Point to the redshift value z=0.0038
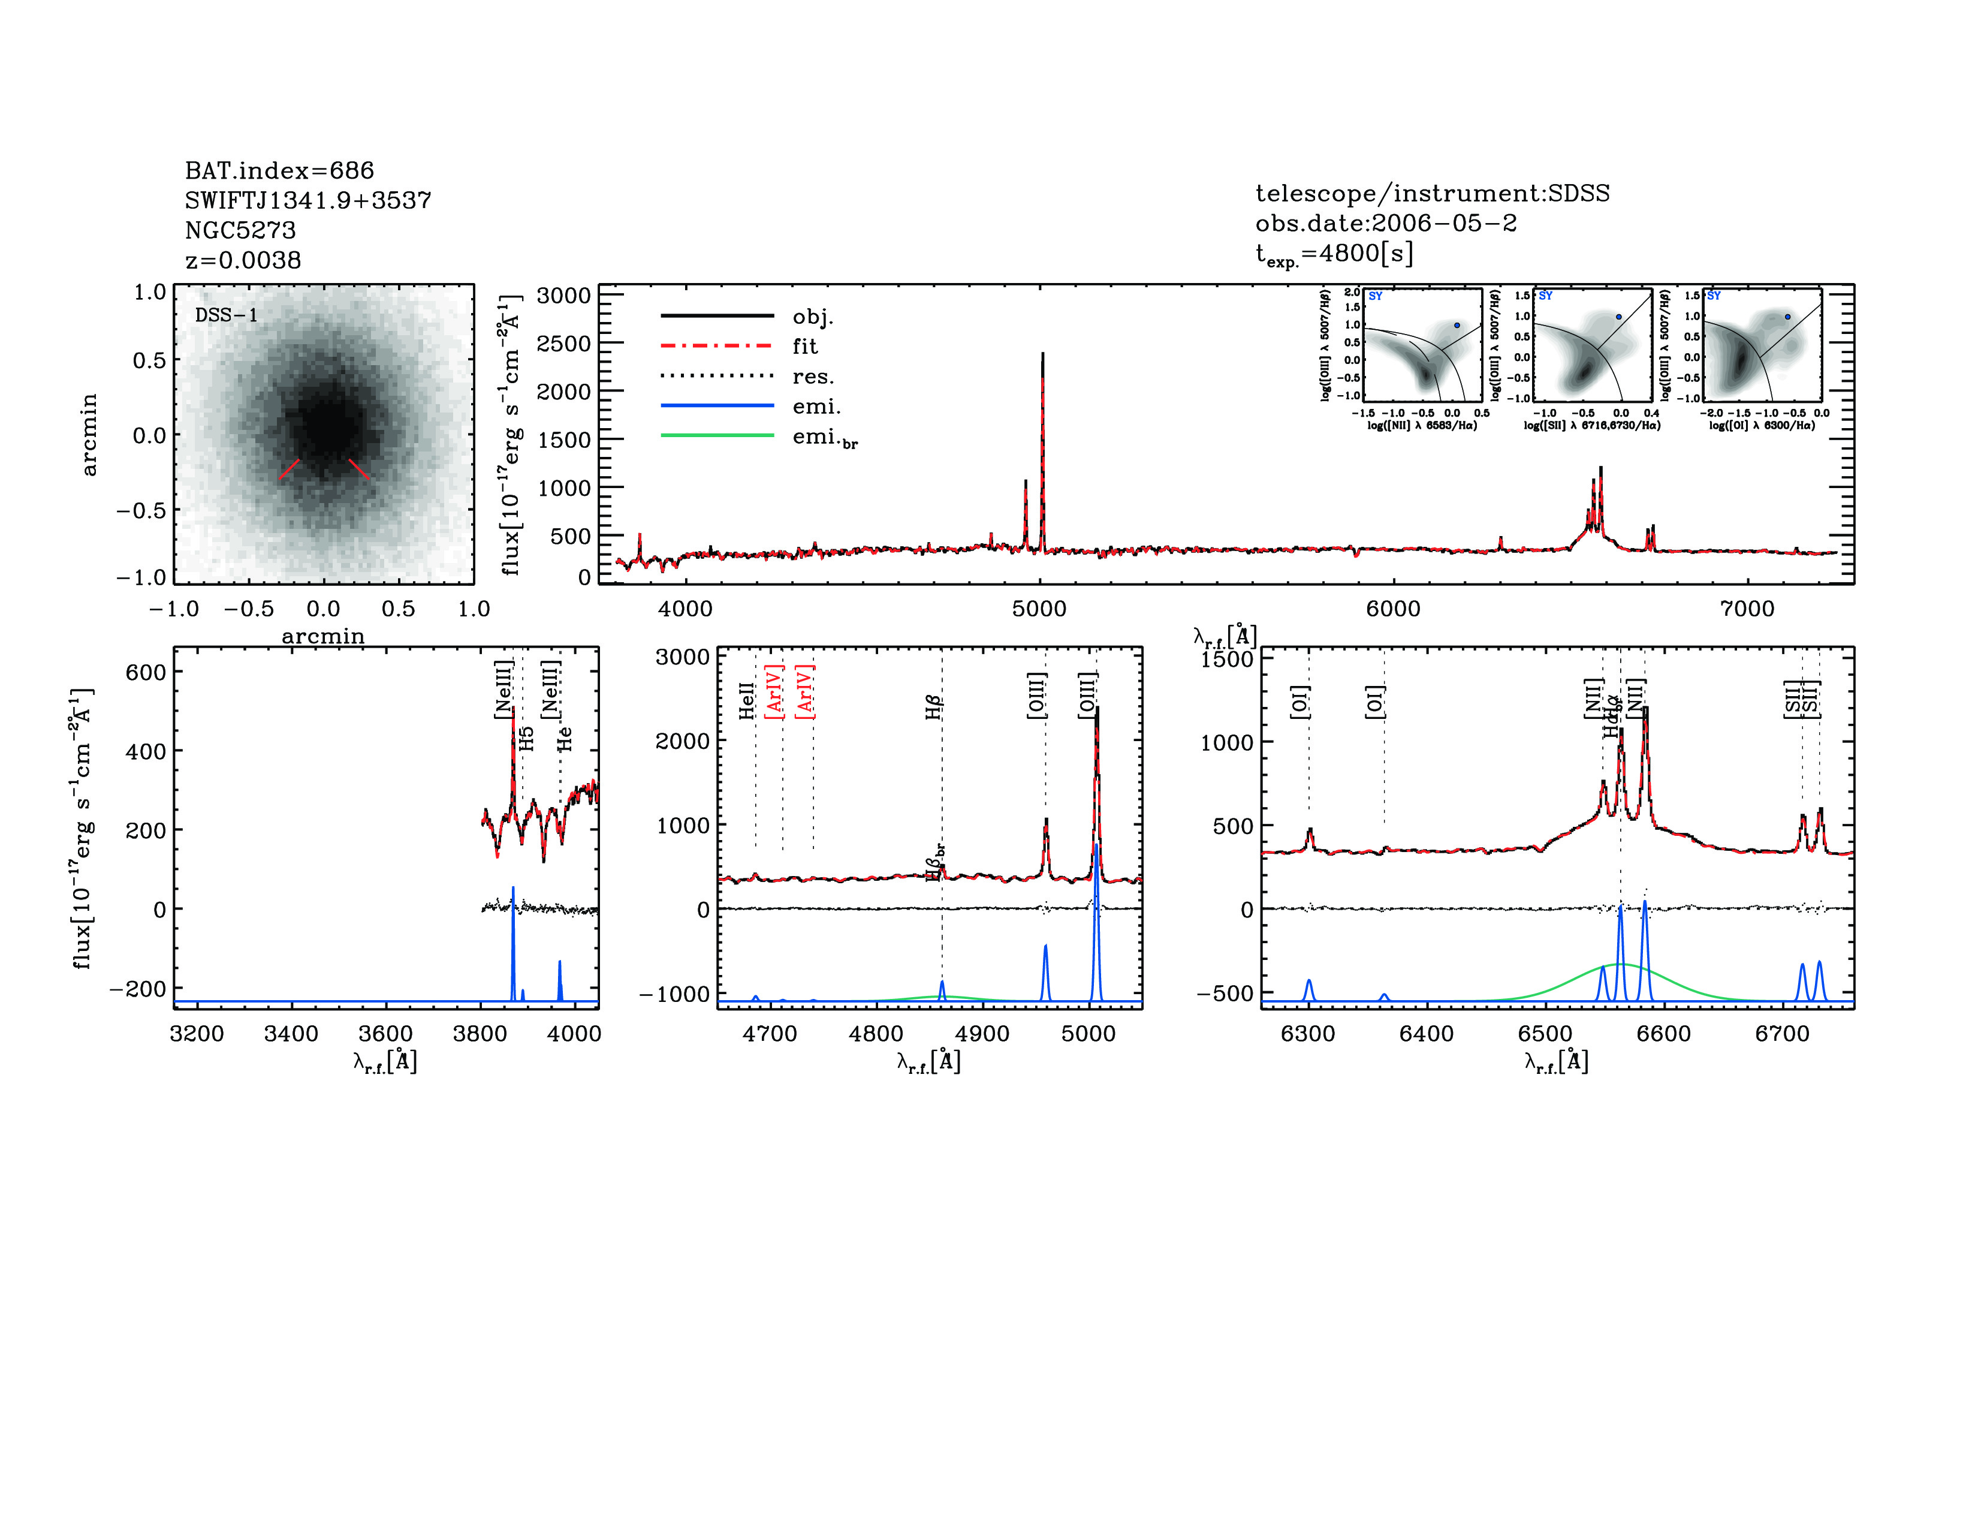243,260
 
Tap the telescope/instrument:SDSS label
1432,193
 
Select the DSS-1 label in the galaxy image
227,315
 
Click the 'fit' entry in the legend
804,346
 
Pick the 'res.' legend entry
812,376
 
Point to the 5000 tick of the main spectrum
1039,609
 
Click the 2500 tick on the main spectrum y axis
563,344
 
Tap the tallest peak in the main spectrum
1042,354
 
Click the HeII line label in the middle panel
746,700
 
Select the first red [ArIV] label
774,692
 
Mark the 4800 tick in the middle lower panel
876,1034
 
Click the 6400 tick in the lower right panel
1427,1034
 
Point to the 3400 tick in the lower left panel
291,1034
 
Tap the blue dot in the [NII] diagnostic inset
1457,325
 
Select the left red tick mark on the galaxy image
289,468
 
